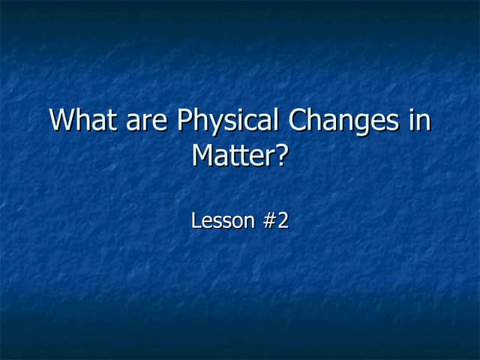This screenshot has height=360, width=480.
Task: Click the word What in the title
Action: tap(82, 121)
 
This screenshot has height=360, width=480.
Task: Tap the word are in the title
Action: tap(145, 121)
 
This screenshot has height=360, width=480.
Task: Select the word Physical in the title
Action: tap(220, 121)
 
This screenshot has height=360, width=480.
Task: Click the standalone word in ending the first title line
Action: tap(420, 121)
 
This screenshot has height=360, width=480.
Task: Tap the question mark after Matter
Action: tap(282, 155)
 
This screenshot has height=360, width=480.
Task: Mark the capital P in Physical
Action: tap(184, 121)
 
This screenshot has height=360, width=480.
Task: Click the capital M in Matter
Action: tap(203, 155)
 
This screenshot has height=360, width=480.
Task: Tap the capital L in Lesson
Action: tap(196, 222)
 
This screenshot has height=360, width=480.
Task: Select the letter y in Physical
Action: tap(212, 124)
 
